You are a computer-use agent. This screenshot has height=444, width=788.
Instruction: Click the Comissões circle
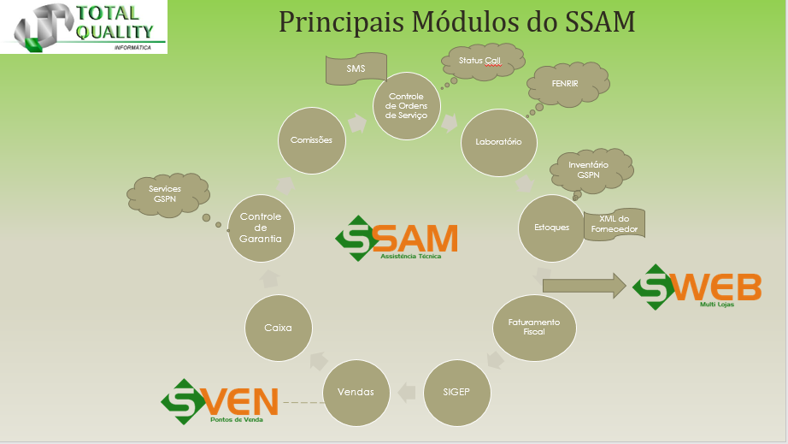coord(312,141)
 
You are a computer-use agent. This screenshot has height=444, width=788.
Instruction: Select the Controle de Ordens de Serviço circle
coord(407,106)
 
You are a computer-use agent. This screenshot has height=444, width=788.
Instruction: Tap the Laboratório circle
coord(499,142)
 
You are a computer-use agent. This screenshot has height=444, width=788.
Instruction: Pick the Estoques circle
coord(552,228)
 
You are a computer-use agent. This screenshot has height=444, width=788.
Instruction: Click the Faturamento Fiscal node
coord(534,328)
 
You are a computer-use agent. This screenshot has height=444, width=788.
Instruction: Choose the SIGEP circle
coord(457,393)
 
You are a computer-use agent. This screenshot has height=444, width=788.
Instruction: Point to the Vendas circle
coord(356,393)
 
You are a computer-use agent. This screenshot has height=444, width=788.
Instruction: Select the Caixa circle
coord(279,328)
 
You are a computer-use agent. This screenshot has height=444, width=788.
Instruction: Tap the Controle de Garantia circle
coord(261,228)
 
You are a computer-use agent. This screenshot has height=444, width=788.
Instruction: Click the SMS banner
coord(356,69)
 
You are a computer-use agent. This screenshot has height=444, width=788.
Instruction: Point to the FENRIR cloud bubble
coord(567,84)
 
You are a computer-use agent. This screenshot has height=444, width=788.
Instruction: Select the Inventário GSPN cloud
coord(591,171)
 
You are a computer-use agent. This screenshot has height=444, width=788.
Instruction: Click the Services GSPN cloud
coord(168,195)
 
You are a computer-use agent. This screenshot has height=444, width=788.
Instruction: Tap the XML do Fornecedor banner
coord(615,224)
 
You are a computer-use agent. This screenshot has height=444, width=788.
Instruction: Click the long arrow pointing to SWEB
coord(585,286)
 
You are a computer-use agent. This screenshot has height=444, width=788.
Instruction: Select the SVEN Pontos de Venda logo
coord(219,401)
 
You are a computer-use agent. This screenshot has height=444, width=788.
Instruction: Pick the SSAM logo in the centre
coord(397,239)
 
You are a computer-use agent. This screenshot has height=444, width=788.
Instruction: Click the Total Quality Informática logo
coord(84,27)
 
